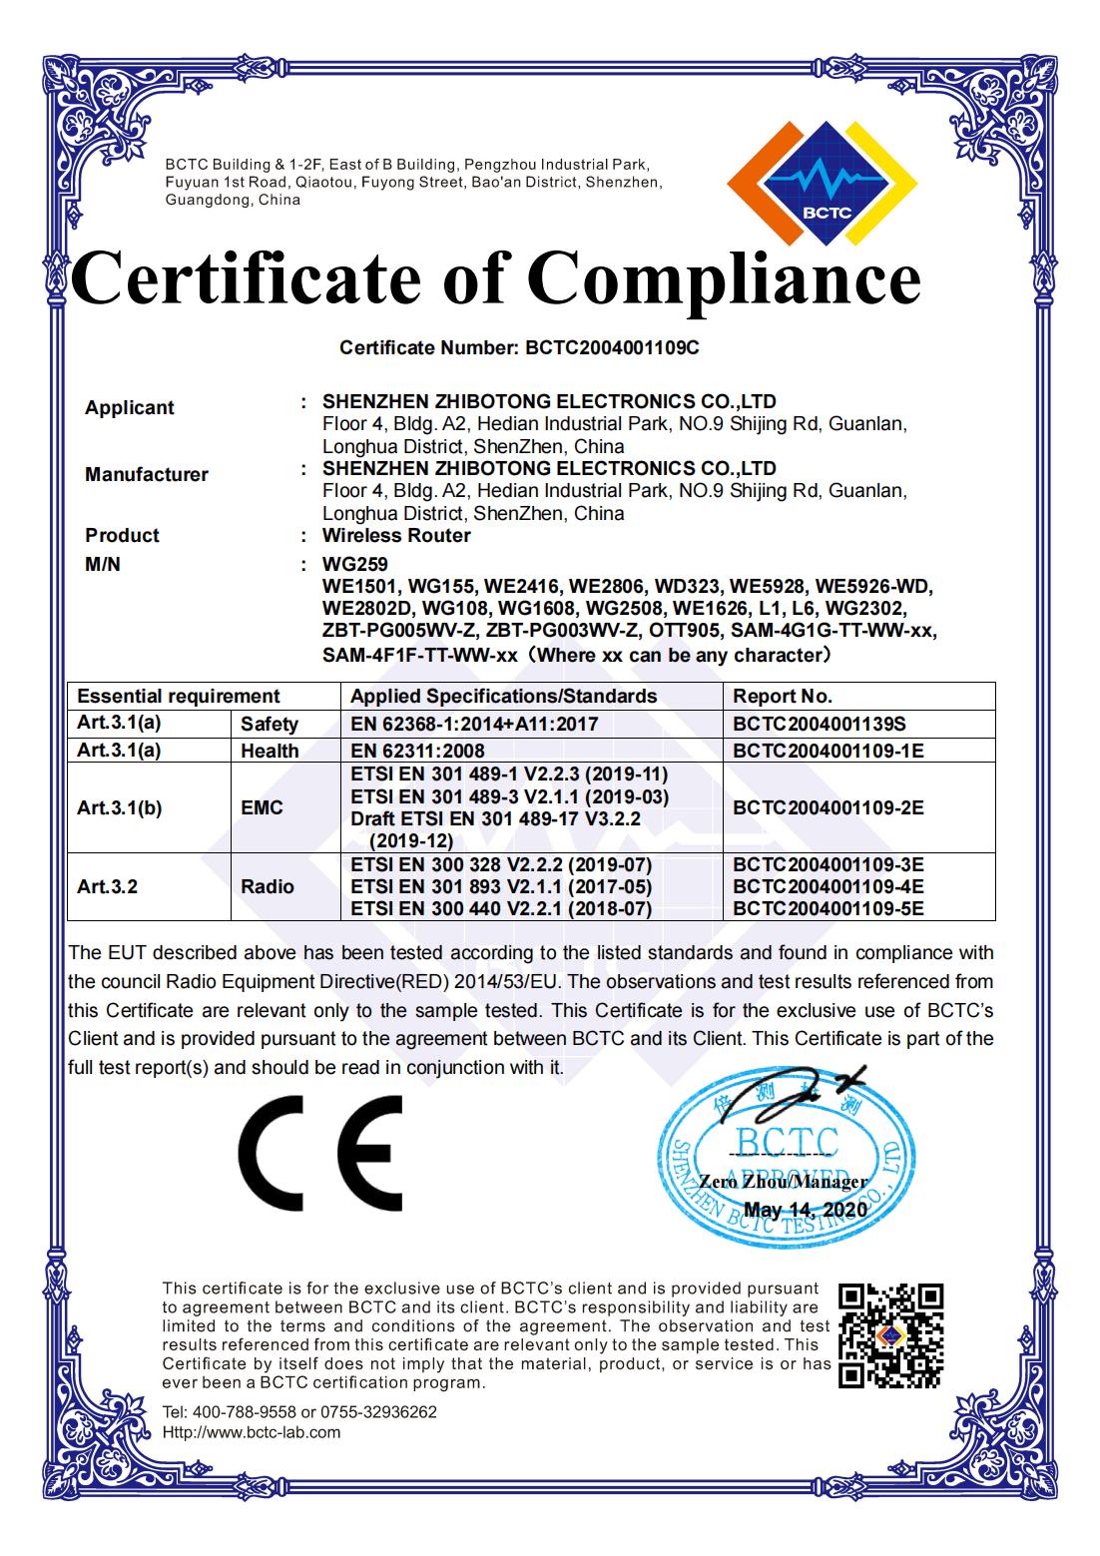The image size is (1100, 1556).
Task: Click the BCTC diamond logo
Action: [824, 183]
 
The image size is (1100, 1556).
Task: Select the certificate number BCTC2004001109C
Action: [613, 348]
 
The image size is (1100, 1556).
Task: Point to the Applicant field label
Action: [129, 408]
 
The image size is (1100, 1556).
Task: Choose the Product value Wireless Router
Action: [396, 536]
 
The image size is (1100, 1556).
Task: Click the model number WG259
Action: [354, 565]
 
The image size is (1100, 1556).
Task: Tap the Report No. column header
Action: [783, 697]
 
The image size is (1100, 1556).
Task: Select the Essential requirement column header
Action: [179, 697]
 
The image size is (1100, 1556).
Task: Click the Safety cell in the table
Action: [270, 725]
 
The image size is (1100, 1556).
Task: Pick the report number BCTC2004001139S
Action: [819, 725]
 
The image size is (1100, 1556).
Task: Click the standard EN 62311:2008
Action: [418, 751]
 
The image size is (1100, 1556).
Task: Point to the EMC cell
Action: [263, 807]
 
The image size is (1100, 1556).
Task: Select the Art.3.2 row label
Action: [107, 886]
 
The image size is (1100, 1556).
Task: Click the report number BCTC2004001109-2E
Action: [827, 807]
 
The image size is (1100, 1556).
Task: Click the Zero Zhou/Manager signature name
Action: [783, 1182]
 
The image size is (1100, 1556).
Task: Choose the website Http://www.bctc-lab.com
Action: [252, 1432]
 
